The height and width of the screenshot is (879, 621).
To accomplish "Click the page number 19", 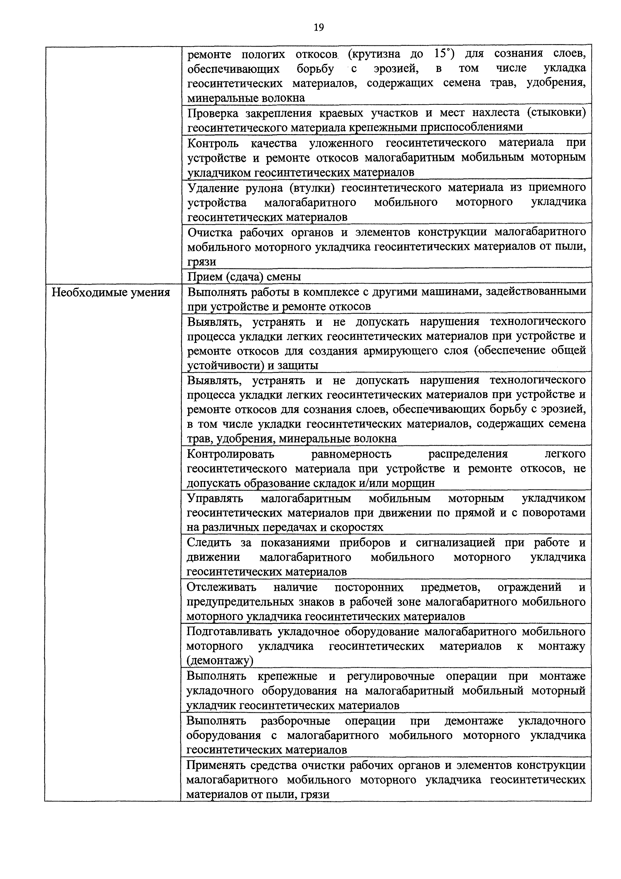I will (x=318, y=28).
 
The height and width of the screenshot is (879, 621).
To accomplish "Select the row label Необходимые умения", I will (x=111, y=292).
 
